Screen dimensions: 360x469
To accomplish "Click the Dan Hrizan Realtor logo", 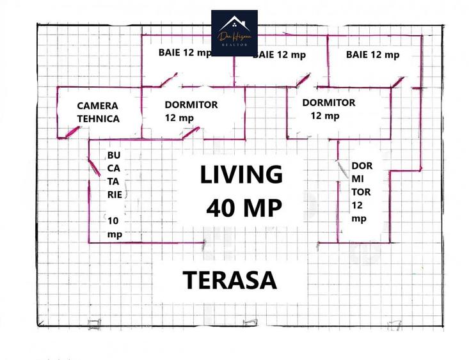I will coord(234,33).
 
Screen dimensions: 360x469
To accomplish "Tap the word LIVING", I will coord(241,175).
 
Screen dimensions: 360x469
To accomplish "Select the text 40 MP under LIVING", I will coord(244,208).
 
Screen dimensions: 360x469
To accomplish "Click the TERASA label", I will coord(230,280).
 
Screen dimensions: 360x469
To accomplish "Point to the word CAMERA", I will coord(98,106).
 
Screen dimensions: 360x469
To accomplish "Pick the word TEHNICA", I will coord(98,118).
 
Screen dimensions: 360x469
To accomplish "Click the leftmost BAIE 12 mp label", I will coord(185,53).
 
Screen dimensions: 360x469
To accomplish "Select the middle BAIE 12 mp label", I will coord(280,55).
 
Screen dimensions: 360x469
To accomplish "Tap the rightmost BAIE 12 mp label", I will coord(372,55).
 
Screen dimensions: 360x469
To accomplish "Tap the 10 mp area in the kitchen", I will coord(114,227).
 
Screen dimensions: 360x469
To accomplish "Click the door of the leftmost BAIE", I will coord(168,80).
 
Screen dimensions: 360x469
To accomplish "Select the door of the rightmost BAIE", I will coord(398,82).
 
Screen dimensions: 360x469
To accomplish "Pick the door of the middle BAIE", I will coord(303,79).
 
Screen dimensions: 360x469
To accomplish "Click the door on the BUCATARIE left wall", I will coord(94,168).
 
